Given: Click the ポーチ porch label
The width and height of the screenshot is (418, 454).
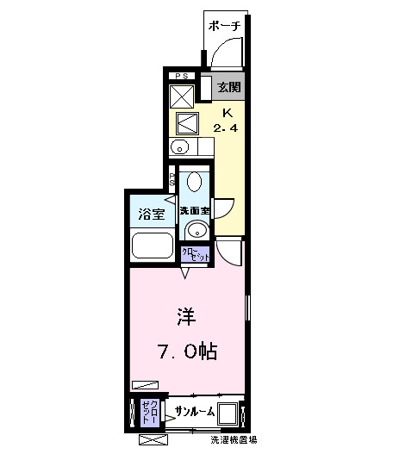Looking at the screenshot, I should (224, 26).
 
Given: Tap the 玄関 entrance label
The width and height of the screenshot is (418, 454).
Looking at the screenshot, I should (228, 87).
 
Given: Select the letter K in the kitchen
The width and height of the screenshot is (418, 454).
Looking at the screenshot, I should (228, 113).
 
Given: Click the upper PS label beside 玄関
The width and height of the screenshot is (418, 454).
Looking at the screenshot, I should (181, 77).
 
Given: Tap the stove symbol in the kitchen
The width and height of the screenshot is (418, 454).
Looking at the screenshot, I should (186, 121).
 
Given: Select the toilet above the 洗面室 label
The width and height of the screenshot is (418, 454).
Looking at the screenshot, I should (195, 183).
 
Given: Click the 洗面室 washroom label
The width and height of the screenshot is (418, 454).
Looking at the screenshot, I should (194, 210).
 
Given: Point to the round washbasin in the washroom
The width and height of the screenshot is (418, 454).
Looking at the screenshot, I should (197, 230).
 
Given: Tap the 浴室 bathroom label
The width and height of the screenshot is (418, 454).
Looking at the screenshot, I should (147, 213).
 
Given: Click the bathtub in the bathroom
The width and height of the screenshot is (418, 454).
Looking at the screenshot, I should (153, 244).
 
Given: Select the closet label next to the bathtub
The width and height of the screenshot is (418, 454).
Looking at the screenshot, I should (194, 254).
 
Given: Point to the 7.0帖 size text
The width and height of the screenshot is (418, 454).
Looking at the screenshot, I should (186, 351).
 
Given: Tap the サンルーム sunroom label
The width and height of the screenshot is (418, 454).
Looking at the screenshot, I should (196, 410).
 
